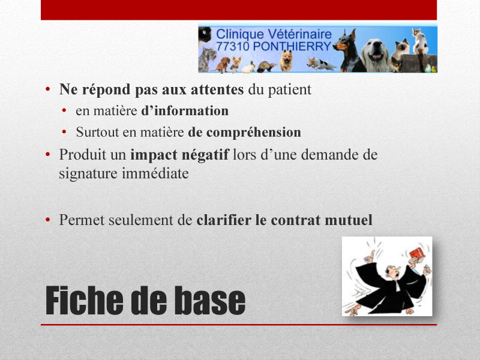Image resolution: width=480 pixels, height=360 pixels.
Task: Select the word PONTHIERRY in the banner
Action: click(x=292, y=46)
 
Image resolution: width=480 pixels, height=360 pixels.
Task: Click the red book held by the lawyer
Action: click(x=416, y=254)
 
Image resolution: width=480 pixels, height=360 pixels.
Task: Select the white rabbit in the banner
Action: click(x=248, y=68)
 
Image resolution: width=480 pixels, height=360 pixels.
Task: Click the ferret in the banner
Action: click(x=266, y=67)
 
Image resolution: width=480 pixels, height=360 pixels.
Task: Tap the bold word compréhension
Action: click(x=253, y=133)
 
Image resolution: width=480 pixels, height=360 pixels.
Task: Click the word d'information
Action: click(x=185, y=111)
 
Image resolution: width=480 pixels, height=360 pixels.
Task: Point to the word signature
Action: click(x=88, y=174)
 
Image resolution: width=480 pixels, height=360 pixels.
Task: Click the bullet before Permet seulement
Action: click(x=47, y=220)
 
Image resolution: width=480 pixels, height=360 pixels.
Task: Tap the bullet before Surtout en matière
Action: click(x=64, y=132)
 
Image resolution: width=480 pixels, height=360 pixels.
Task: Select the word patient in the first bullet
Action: click(x=290, y=89)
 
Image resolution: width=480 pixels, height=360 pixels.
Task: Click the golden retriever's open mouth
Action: click(x=376, y=57)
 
